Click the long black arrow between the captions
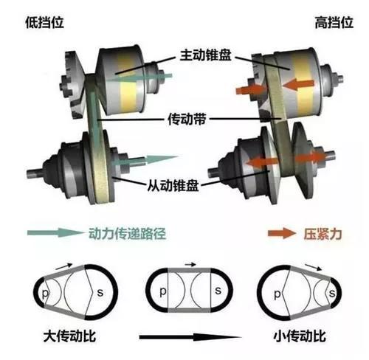click(x=184, y=338)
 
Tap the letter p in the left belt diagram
click(x=46, y=294)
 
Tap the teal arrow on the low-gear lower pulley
click(x=151, y=158)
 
